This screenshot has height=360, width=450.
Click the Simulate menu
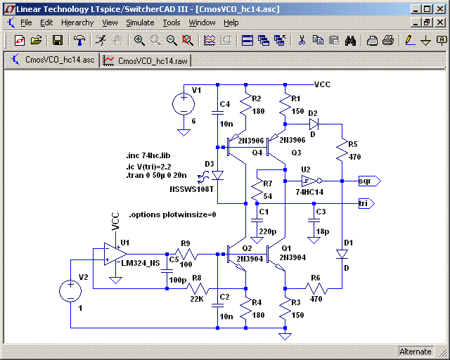140,22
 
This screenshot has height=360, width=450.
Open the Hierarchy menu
77,22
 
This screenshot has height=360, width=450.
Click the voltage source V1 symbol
184,105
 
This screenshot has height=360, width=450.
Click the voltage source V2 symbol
71,290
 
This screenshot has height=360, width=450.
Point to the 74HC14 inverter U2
307,181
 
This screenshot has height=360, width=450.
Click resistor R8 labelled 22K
197,288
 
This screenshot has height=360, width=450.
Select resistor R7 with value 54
257,189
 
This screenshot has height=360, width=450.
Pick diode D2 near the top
314,124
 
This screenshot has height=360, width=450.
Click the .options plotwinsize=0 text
172,214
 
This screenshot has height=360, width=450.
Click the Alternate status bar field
415,351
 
